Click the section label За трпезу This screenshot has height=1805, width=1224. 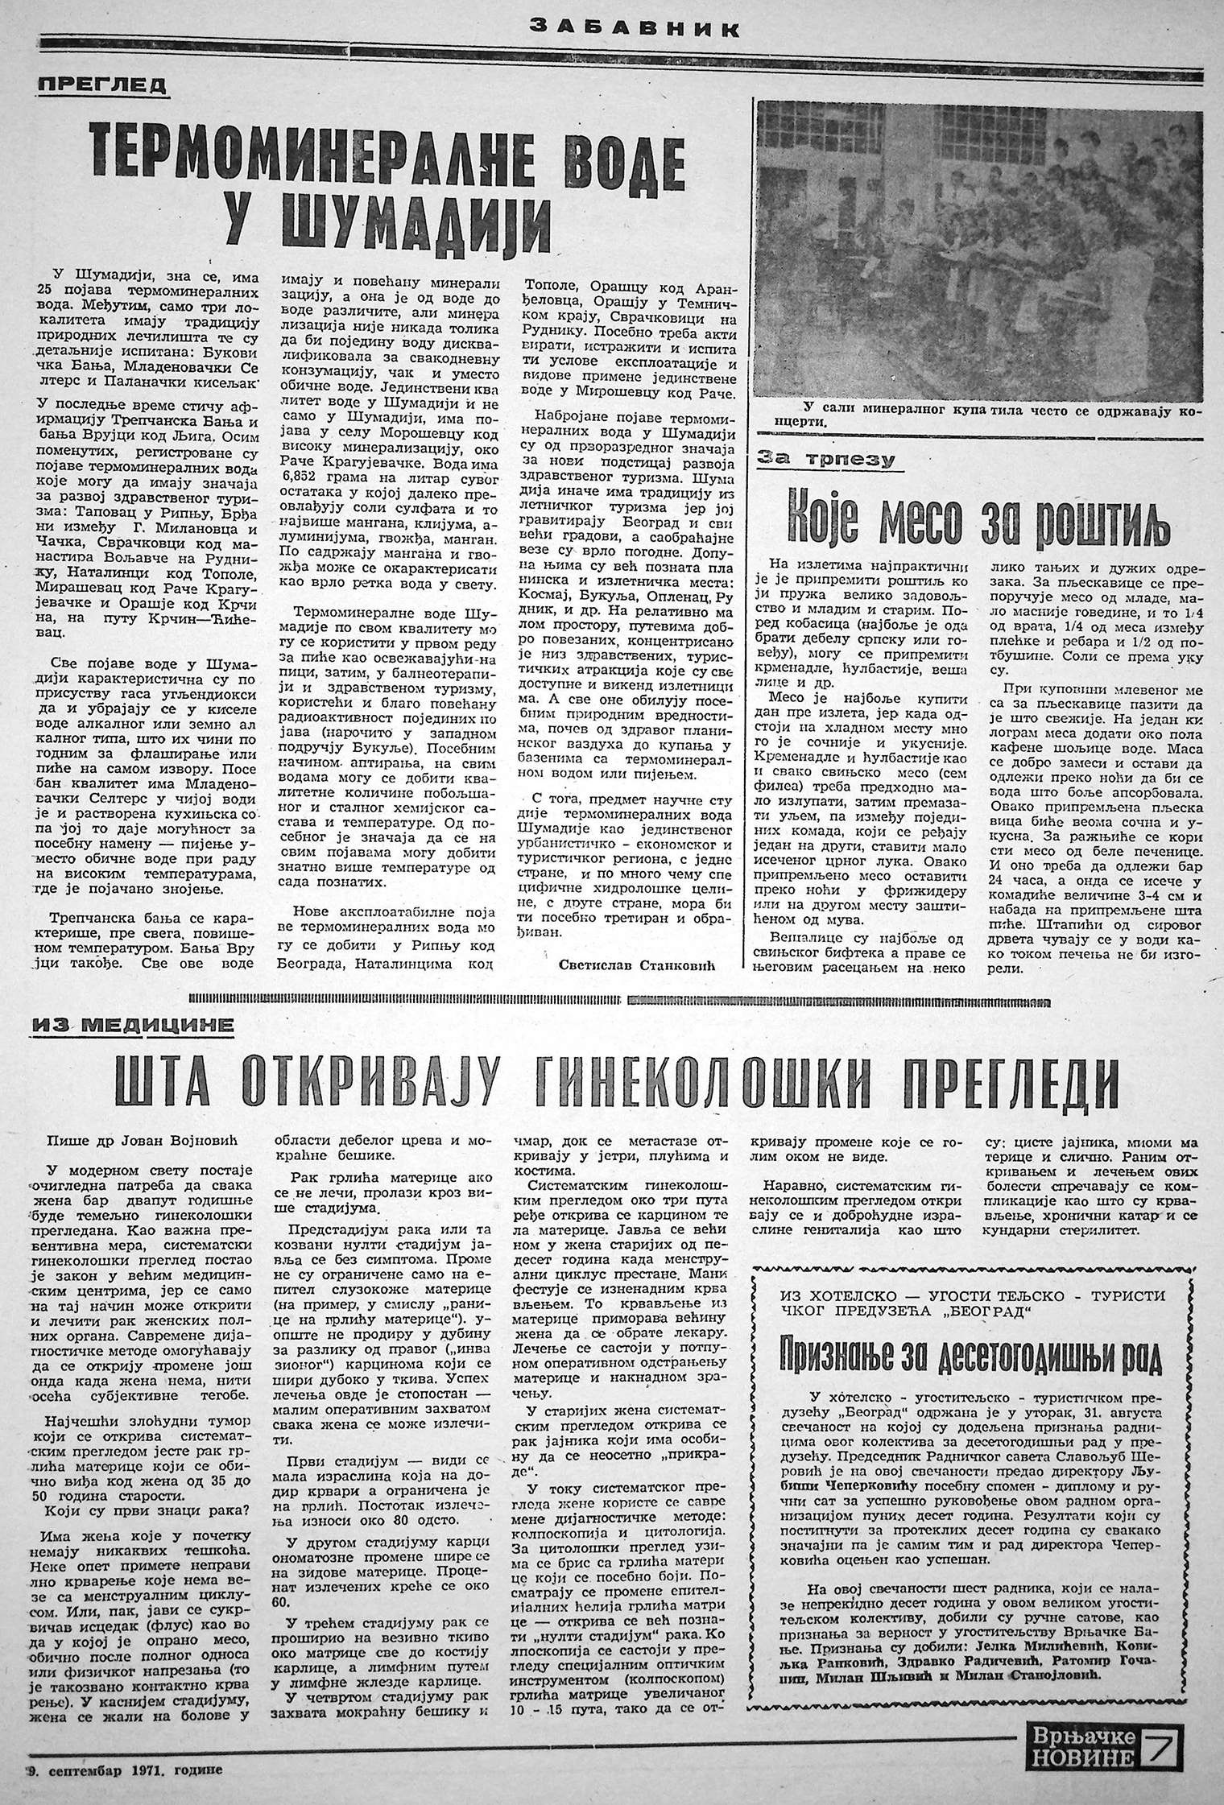(827, 460)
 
